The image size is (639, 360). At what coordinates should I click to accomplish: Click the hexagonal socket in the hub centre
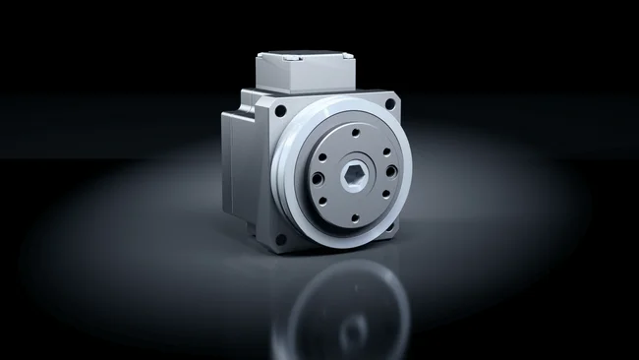[x=356, y=174]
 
